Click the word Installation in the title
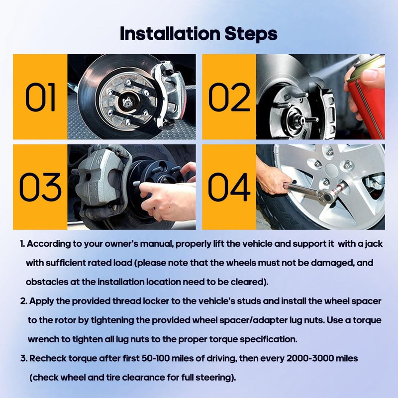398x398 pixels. pos(170,34)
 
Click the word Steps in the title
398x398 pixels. pos(251,35)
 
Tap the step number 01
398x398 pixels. pos(40,97)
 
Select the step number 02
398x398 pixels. pos(229,97)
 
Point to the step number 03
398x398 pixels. pos(40,187)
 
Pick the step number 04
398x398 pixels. pos(229,187)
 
